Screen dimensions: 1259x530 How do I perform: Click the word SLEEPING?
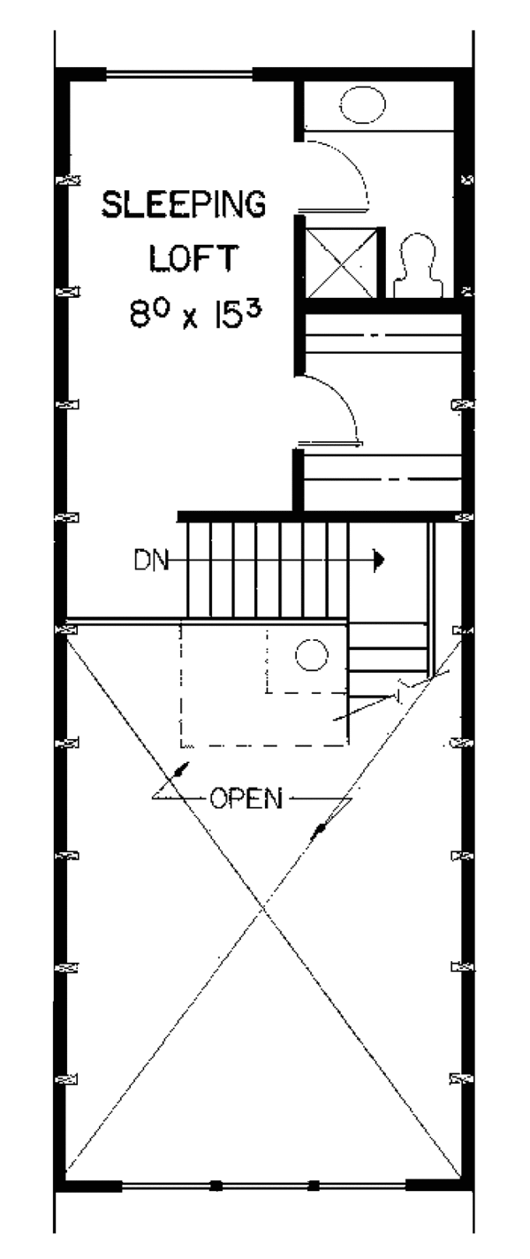coord(183,205)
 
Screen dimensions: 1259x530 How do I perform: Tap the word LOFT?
coord(193,259)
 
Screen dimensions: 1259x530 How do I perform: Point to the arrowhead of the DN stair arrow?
coord(379,560)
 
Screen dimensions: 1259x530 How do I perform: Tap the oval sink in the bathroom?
coord(362,105)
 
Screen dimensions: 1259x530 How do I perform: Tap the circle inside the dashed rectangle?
coord(310,656)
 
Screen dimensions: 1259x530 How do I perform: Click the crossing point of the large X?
coord(263,908)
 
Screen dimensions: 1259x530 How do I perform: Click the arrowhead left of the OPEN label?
coord(181,769)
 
